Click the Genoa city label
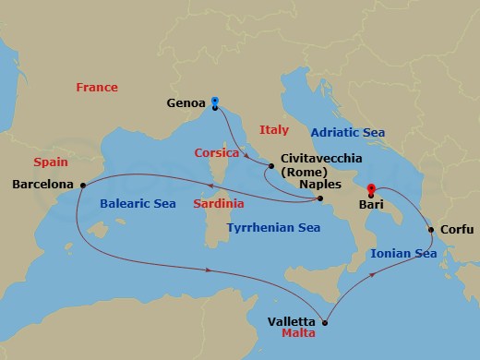[x=186, y=103]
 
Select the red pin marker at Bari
[x=371, y=190]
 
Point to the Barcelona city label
[x=42, y=185]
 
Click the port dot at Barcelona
[x=82, y=184]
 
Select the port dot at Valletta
[x=324, y=322]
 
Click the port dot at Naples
[x=319, y=198]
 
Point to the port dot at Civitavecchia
[x=270, y=167]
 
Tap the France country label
[x=97, y=88]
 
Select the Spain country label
[x=51, y=162]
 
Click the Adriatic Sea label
[x=348, y=132]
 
